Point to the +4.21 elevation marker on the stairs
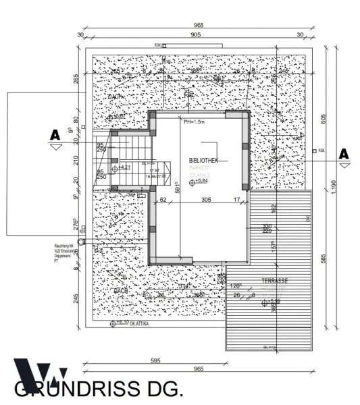point(123,167)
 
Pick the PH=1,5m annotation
point(197,122)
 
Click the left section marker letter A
point(55,136)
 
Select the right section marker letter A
point(343,154)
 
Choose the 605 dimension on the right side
point(324,119)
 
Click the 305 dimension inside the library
point(206,200)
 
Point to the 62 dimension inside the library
point(163,200)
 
